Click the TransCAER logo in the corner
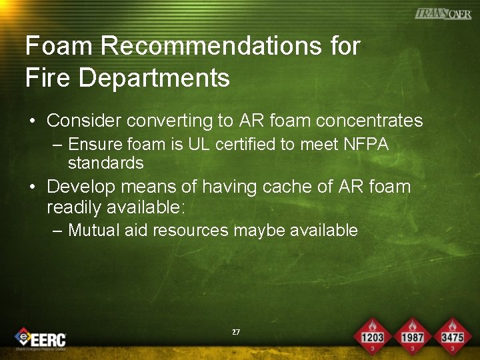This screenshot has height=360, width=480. point(443,14)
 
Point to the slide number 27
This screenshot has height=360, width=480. point(236,332)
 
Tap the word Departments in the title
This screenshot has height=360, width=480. point(155,77)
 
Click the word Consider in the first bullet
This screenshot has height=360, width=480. point(83,121)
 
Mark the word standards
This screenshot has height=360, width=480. point(105,163)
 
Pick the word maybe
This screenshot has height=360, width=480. point(262,231)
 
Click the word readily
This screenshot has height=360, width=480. point(75,207)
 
